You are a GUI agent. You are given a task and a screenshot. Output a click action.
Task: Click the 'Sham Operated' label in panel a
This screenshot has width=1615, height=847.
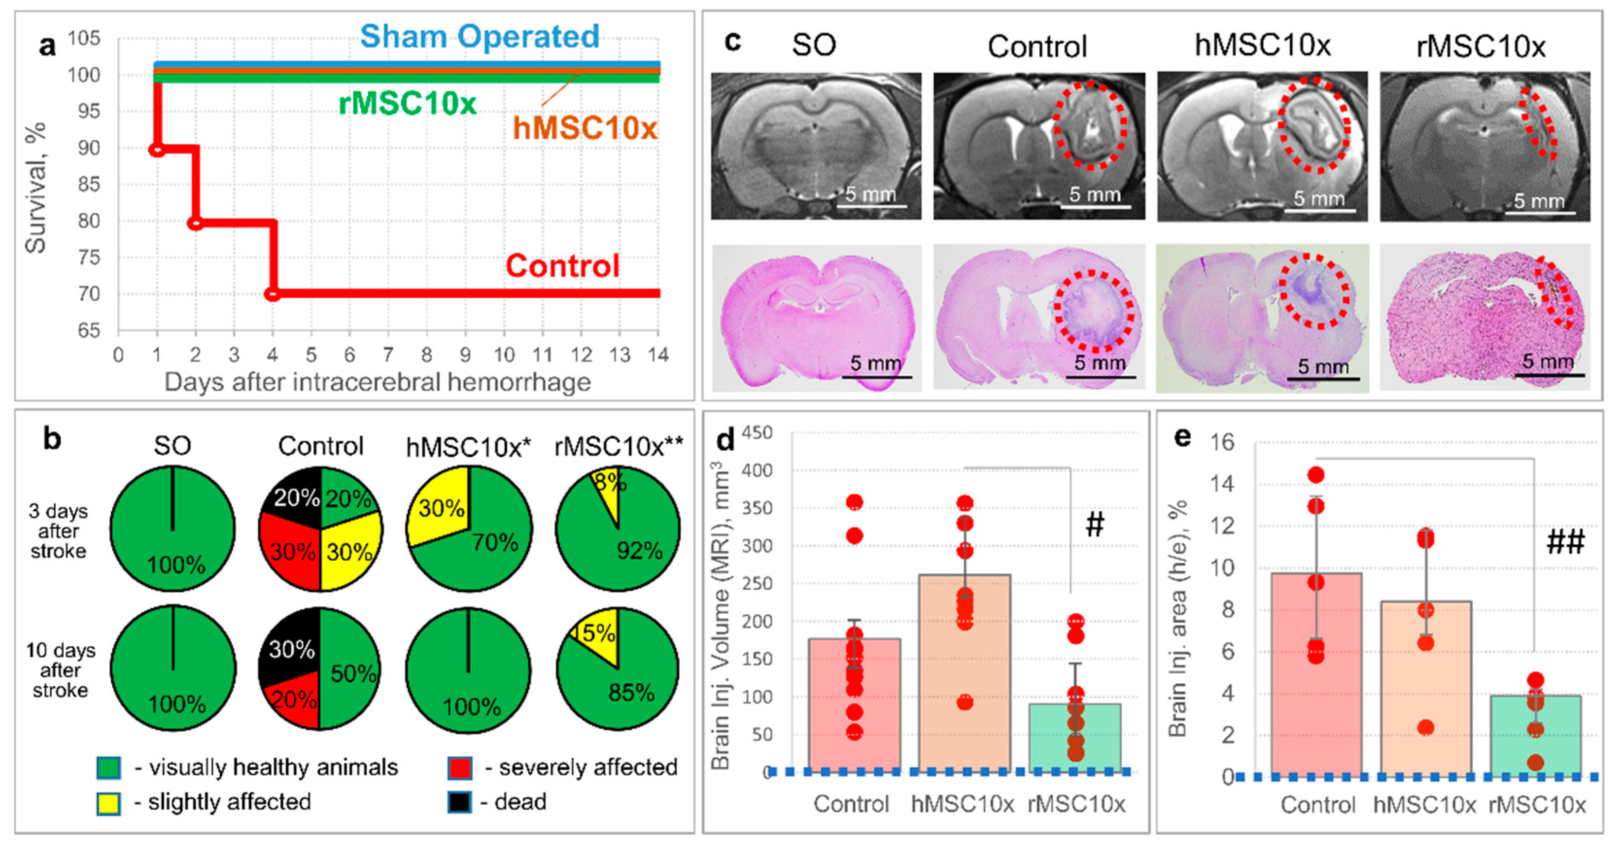[x=480, y=36]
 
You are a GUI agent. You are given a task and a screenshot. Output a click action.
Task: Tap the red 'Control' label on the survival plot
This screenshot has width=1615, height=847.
[x=562, y=266]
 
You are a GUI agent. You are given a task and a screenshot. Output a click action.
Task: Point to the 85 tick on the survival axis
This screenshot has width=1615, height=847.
[x=85, y=184]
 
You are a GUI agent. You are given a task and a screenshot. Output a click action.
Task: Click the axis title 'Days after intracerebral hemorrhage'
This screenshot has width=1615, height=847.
[x=378, y=382]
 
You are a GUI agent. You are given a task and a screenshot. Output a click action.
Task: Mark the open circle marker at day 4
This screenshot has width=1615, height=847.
[x=272, y=294]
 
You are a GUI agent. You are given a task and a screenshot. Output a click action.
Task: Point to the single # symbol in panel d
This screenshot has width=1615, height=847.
[x=1095, y=524]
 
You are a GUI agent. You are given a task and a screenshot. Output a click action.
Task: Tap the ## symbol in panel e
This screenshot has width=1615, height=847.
[x=1565, y=542]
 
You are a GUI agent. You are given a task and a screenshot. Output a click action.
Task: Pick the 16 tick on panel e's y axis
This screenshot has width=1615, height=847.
[x=1221, y=443]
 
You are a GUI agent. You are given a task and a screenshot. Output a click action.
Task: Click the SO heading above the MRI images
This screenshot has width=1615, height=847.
[x=814, y=45]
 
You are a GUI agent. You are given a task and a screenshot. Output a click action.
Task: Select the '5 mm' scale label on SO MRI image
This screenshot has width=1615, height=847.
[x=870, y=194]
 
